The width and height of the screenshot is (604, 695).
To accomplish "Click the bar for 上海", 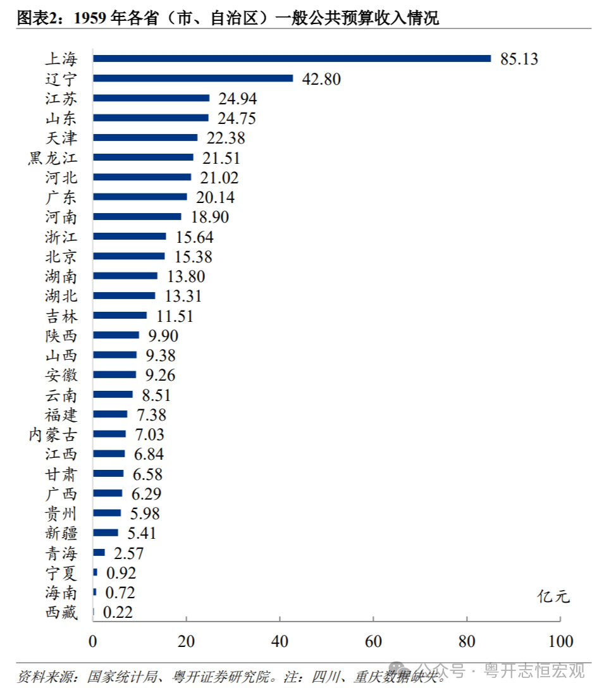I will coord(292,59).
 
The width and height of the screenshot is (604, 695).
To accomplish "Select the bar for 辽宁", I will coord(193,78).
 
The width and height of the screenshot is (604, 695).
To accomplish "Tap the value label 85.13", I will coord(519,59).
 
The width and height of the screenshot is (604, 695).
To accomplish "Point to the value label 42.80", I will coord(321,79).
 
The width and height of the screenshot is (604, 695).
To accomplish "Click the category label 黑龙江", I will coord(52,157).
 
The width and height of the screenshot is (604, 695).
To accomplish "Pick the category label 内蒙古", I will coord(53,434).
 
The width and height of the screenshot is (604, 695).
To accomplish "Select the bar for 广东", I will coord(140,197).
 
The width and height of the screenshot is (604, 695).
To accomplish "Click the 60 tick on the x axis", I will coord(373,641).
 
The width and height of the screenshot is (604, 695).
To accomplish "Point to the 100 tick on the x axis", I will coord(560,641).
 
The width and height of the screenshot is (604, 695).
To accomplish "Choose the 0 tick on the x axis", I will coord(93,641).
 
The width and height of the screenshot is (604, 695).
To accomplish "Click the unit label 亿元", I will coord(553,596).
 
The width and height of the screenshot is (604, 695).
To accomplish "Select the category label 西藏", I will coord(61,612).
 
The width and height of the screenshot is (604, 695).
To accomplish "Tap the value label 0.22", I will coord(118,612).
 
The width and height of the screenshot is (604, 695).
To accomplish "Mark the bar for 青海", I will coord(99,553).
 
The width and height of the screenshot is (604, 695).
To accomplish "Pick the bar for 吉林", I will coord(120,315).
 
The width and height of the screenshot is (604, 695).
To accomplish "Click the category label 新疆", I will coord(61,533).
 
